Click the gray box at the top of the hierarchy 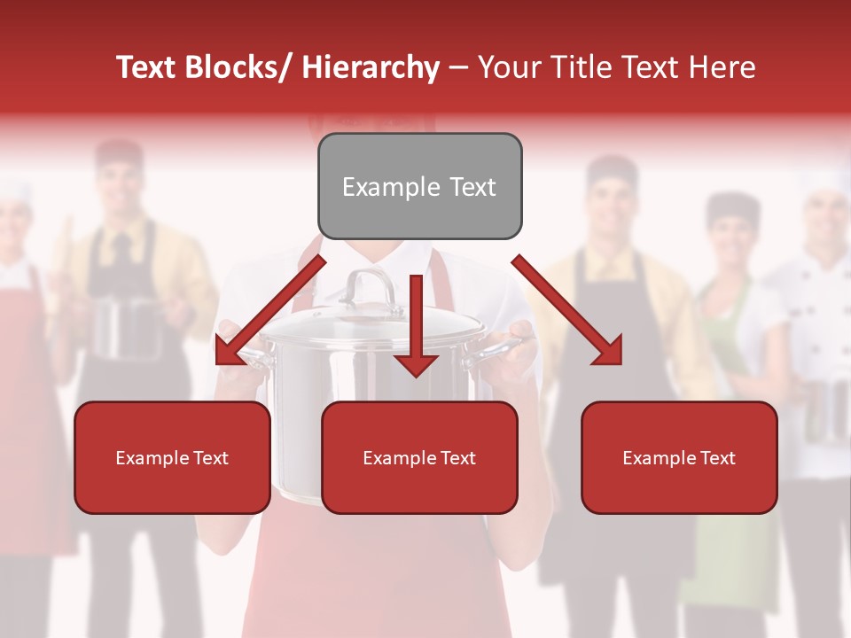click(x=419, y=186)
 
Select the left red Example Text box click(x=172, y=457)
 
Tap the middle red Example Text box click(x=419, y=457)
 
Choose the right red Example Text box click(x=679, y=457)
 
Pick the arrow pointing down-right click(x=567, y=310)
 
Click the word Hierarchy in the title click(x=371, y=67)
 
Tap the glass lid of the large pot click(x=372, y=323)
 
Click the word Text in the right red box click(x=717, y=458)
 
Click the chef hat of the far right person click(x=830, y=182)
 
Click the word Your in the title click(x=508, y=67)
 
